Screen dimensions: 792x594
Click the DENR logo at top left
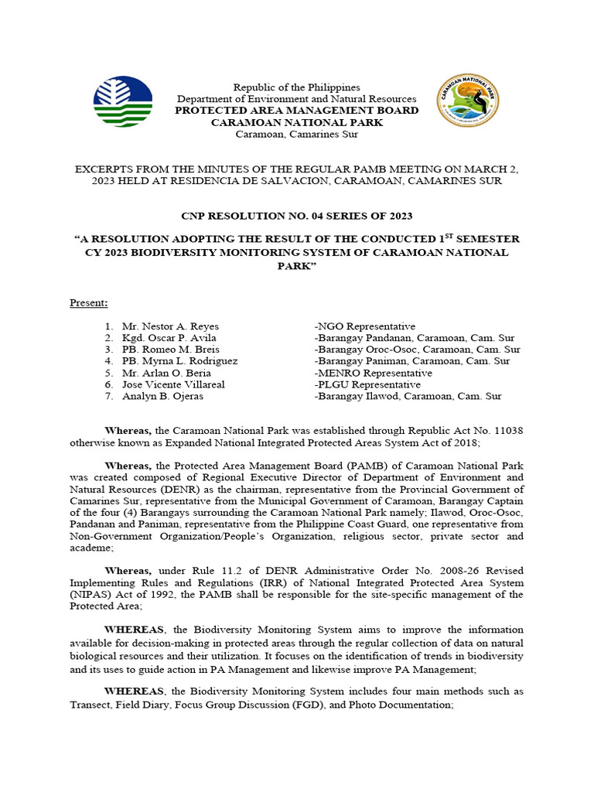(122, 102)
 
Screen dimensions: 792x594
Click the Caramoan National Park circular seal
(468, 101)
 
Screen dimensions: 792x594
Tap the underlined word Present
(89, 302)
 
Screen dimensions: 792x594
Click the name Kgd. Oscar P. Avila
(169, 338)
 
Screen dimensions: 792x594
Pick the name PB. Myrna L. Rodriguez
(179, 361)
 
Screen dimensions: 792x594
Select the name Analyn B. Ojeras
(162, 396)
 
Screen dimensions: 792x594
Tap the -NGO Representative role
(364, 326)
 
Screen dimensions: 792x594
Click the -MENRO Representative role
(373, 373)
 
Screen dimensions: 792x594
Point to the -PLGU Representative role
(367, 384)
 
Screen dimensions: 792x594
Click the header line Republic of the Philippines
(296, 87)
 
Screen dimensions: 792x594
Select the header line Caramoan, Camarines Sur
(296, 134)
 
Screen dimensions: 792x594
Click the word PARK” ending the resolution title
(296, 265)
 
